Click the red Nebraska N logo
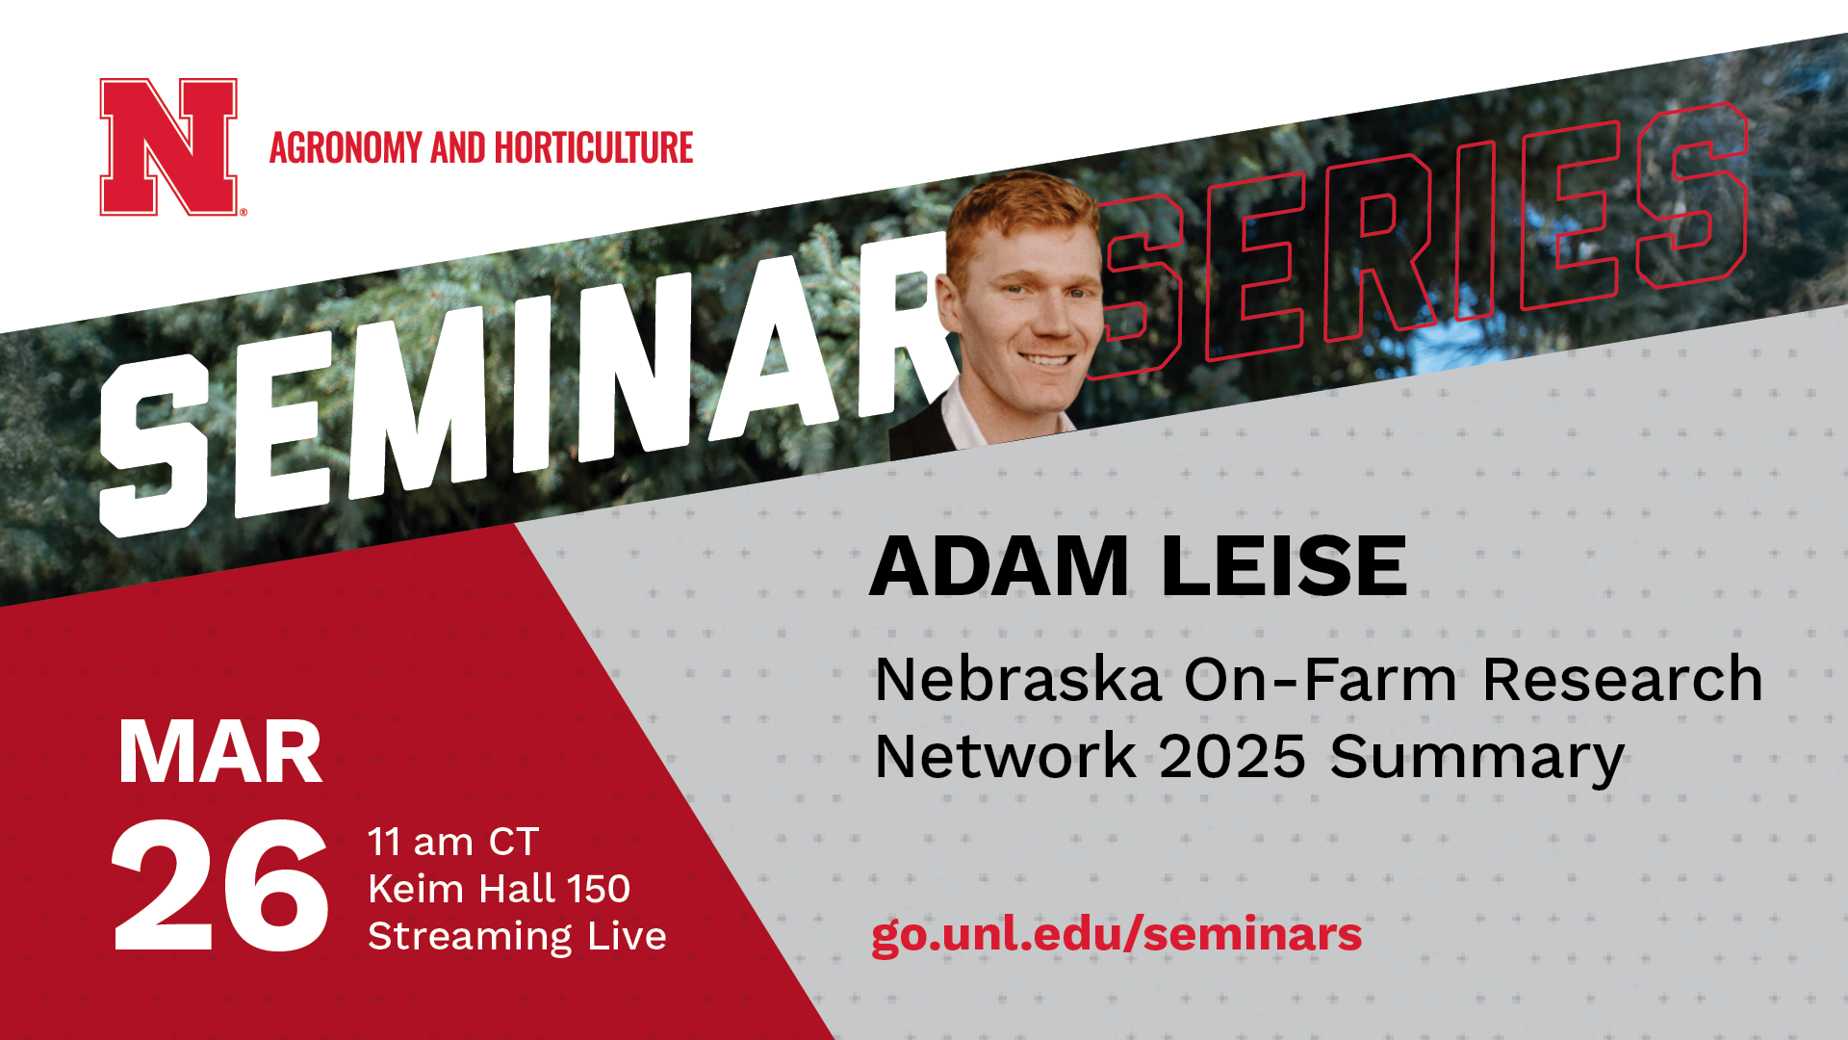(x=169, y=146)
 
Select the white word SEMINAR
(x=520, y=385)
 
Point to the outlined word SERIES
(x=1424, y=241)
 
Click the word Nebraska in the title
(x=1018, y=680)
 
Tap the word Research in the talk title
(x=1623, y=680)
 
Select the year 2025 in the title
(x=1232, y=757)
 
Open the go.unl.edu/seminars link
(x=1116, y=934)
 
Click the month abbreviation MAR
(x=219, y=753)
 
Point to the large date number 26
(x=219, y=886)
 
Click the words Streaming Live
(x=517, y=936)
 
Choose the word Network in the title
(x=1005, y=757)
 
